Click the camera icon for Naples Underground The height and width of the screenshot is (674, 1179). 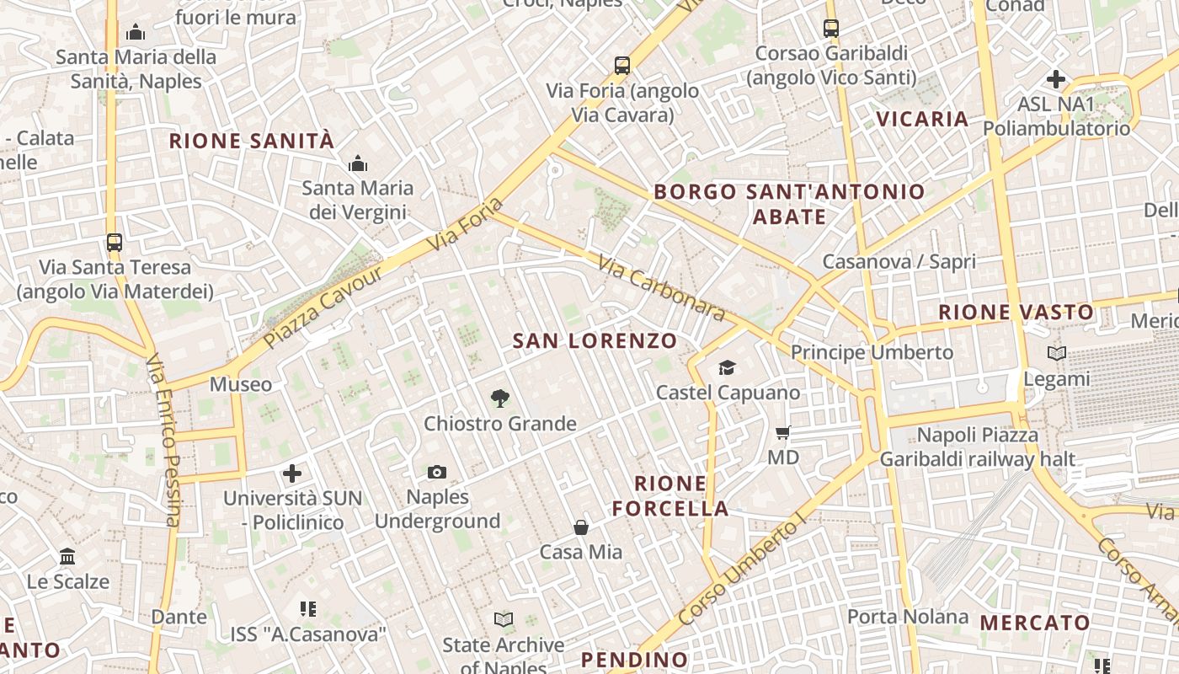tap(436, 473)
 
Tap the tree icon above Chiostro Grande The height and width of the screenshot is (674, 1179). tap(500, 398)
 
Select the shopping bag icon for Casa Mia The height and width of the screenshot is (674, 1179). tap(581, 527)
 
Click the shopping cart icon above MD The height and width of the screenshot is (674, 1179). tap(783, 433)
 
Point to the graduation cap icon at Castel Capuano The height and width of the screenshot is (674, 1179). tap(727, 367)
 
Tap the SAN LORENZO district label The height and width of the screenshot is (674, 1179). tap(595, 341)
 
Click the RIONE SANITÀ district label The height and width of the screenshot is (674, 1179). tap(252, 141)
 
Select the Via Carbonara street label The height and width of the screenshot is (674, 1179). tap(661, 288)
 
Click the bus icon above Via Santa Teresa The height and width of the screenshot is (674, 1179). tap(115, 243)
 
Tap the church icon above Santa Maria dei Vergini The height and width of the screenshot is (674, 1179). tap(358, 163)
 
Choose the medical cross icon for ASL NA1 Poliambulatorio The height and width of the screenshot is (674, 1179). tap(1056, 80)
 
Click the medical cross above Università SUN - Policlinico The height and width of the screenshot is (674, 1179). tap(292, 473)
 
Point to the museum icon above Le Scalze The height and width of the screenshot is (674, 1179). tap(68, 557)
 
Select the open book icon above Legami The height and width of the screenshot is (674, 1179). tap(1057, 354)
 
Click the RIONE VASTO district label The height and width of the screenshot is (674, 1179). tap(1016, 313)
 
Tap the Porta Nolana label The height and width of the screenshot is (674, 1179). tap(908, 617)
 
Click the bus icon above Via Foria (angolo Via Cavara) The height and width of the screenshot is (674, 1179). tap(622, 66)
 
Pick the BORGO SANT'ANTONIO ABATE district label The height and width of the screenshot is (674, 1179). tap(789, 204)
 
